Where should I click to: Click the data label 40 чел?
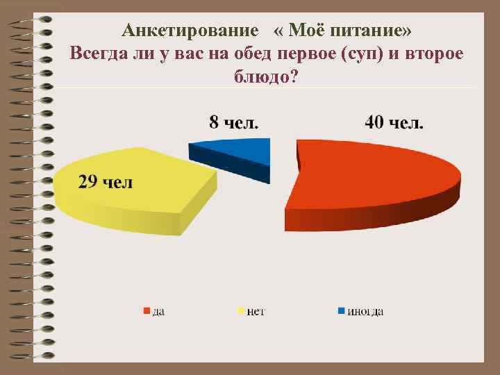394,123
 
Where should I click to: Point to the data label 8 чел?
235,123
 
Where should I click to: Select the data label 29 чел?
105,183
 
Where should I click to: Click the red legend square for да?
147,310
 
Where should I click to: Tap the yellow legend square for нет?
242,310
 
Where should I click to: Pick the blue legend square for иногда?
341,310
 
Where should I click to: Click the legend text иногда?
365,311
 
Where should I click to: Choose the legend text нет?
257,311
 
